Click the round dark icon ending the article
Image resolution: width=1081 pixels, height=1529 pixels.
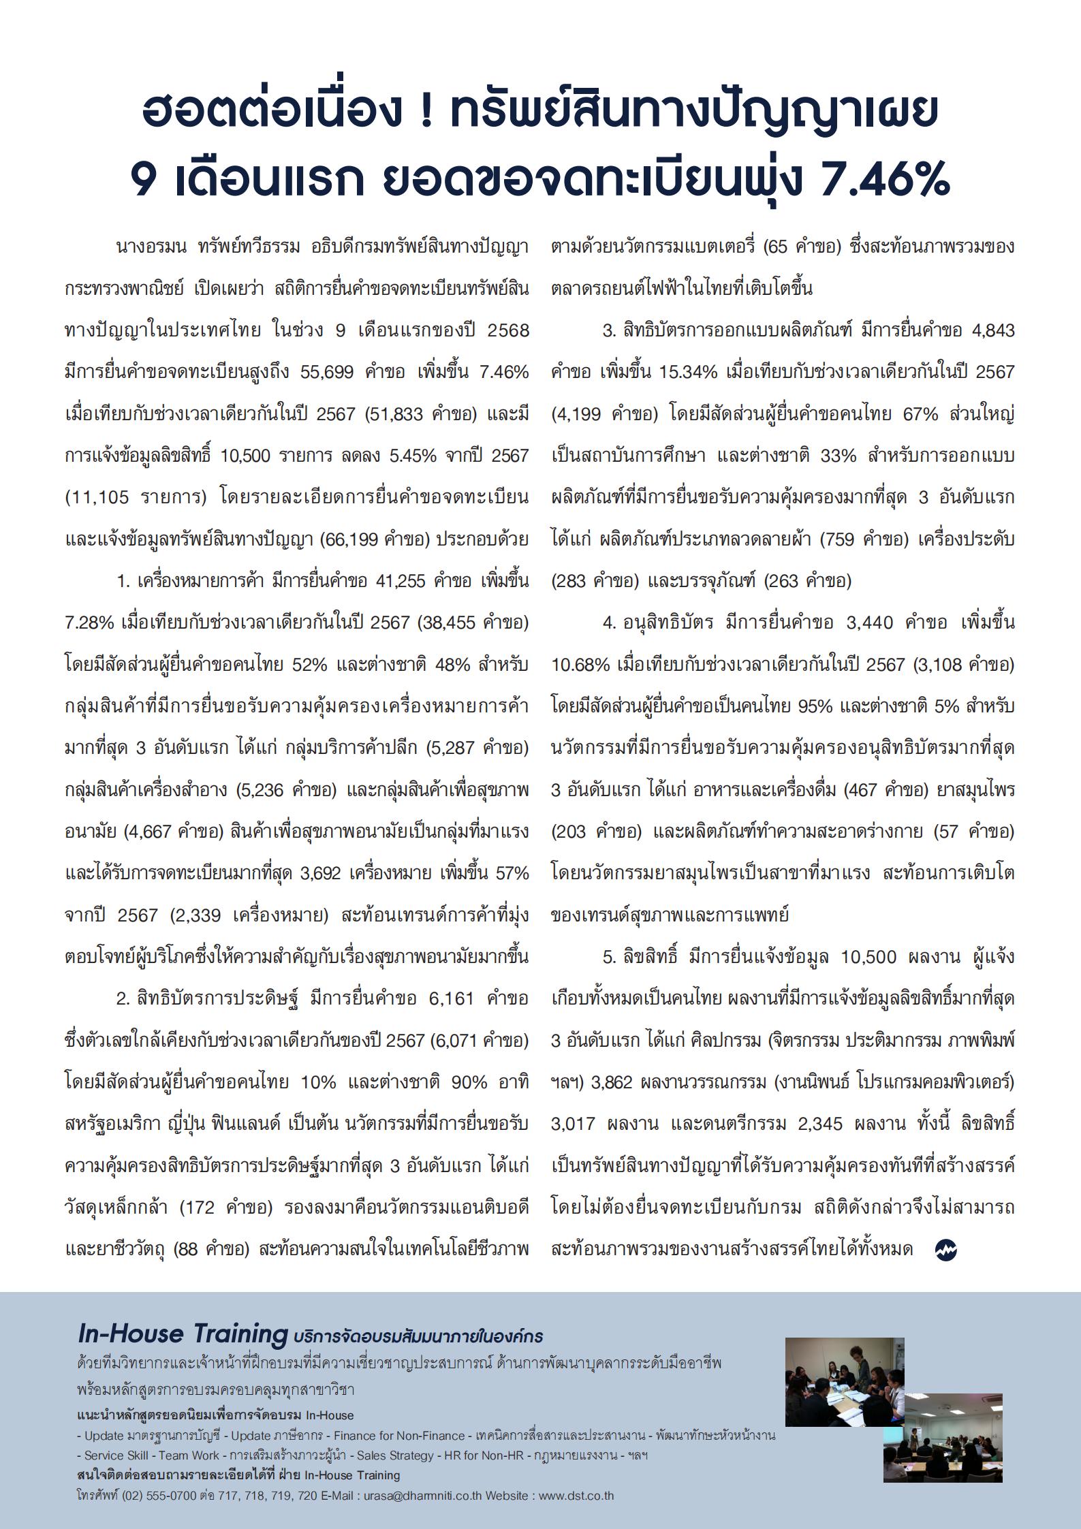tap(946, 1249)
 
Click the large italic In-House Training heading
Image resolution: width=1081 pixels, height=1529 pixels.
tap(183, 1334)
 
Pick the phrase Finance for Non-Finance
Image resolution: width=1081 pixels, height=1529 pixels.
tap(396, 1434)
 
